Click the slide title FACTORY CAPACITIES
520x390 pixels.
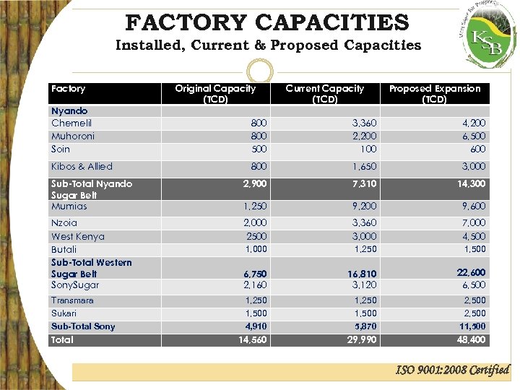click(267, 22)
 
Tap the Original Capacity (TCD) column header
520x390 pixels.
click(215, 94)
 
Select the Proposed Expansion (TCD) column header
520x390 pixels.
click(435, 94)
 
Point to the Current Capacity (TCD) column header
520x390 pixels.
click(325, 94)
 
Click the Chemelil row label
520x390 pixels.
click(71, 123)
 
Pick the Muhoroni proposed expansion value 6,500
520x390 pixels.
click(473, 136)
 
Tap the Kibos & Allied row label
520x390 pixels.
click(82, 167)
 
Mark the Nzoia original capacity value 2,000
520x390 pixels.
click(255, 223)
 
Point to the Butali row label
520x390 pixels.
click(64, 250)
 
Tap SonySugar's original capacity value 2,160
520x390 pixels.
click(255, 285)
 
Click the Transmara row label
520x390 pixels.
click(72, 300)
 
